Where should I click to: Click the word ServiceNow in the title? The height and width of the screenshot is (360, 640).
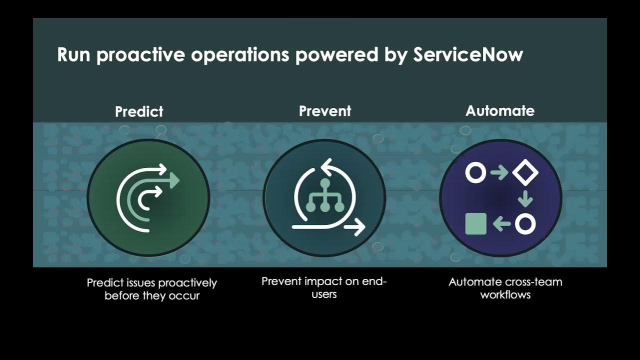coord(467,55)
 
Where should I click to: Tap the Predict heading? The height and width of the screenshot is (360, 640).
coord(139,111)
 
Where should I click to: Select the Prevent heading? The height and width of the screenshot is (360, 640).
coord(325,111)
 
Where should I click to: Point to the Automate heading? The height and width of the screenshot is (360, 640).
coord(500,111)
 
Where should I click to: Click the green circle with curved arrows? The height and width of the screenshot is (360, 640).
coord(148,198)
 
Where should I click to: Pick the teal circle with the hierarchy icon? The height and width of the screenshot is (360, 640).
coord(324,198)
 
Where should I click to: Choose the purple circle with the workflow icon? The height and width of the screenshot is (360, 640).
coord(500,198)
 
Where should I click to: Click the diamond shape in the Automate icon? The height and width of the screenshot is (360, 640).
coord(525,173)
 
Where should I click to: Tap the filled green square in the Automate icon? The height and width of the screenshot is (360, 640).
coord(475,224)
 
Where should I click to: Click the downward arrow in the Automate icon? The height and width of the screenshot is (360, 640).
coord(525,198)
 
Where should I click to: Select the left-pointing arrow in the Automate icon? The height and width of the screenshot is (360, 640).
coord(501,224)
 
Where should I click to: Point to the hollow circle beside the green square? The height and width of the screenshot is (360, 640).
coord(525,224)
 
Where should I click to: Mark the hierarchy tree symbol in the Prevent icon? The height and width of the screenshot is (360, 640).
coord(324,196)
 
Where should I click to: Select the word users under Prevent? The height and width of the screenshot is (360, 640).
coord(324,294)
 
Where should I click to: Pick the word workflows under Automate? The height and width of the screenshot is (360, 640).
coord(505,294)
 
